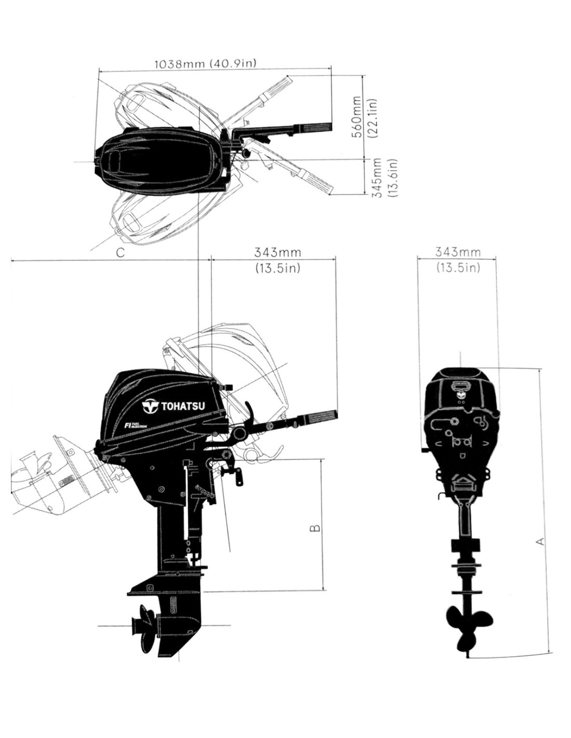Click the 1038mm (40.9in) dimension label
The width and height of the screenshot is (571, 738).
pyautogui.click(x=205, y=63)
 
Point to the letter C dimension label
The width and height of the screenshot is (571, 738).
pyautogui.click(x=120, y=252)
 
